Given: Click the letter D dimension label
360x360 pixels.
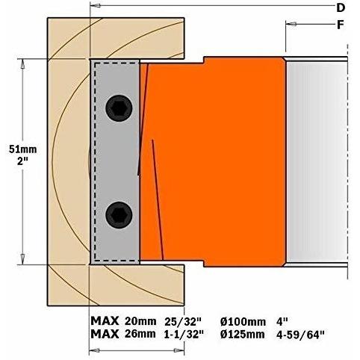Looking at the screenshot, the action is pos(341,8).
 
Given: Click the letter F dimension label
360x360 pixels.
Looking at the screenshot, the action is pos(340,25).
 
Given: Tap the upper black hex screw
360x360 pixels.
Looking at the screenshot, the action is pos(119,108).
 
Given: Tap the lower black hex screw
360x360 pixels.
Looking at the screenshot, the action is pos(119,215).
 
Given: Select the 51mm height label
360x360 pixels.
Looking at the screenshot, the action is pos(23,149).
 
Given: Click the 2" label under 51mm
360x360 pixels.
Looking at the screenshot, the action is pos(23,161).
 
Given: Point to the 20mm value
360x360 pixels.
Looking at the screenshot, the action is pos(140,321).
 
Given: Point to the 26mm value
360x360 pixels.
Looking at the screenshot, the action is pos(140,334).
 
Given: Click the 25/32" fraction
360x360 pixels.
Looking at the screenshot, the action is pos(183,322).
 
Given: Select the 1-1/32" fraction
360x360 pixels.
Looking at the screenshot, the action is pos(184,335).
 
